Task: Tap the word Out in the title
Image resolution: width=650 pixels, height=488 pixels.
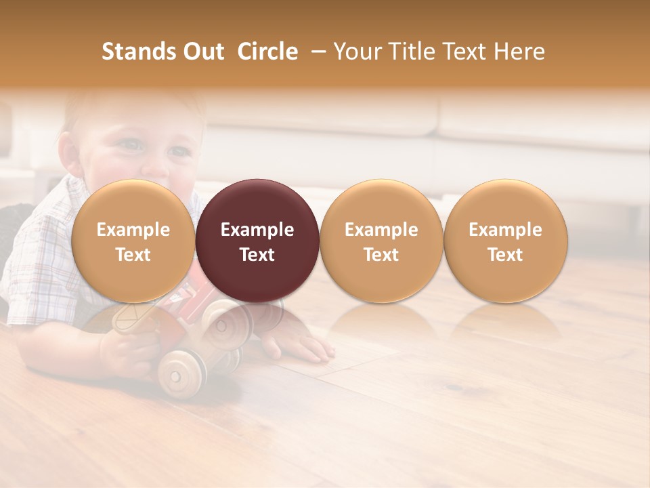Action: pos(202,52)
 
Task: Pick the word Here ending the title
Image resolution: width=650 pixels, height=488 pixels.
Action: pos(521,52)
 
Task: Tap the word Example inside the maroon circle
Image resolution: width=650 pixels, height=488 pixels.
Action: pos(257,230)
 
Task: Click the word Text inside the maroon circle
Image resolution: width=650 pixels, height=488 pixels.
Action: pos(257,255)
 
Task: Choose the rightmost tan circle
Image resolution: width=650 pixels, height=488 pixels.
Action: pos(505,241)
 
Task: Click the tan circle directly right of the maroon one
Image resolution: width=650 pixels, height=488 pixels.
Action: pos(381,241)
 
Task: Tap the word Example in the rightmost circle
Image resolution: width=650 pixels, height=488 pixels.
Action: pos(505,230)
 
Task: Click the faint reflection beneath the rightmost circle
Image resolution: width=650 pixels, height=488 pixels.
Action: pos(505,322)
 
